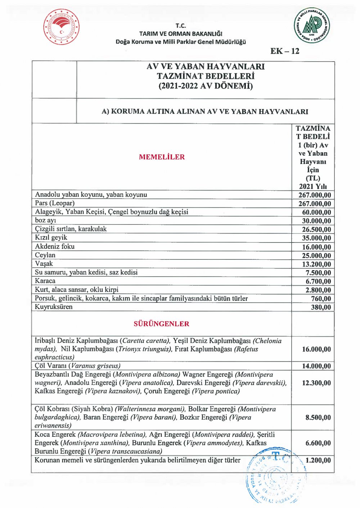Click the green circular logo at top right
[311, 26]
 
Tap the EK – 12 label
[285, 51]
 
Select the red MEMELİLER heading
[162, 157]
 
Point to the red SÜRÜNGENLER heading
[161, 324]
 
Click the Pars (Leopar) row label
[55, 203]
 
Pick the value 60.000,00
[316, 212]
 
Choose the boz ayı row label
[45, 220]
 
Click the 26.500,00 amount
[316, 230]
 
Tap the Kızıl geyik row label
[51, 237]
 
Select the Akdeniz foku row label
[55, 246]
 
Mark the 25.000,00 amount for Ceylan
[316, 255]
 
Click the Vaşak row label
[44, 264]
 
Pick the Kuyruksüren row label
[54, 307]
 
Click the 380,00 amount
[321, 307]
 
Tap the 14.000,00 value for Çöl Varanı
[316, 366]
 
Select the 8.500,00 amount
[318, 418]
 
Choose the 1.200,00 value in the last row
[318, 460]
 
